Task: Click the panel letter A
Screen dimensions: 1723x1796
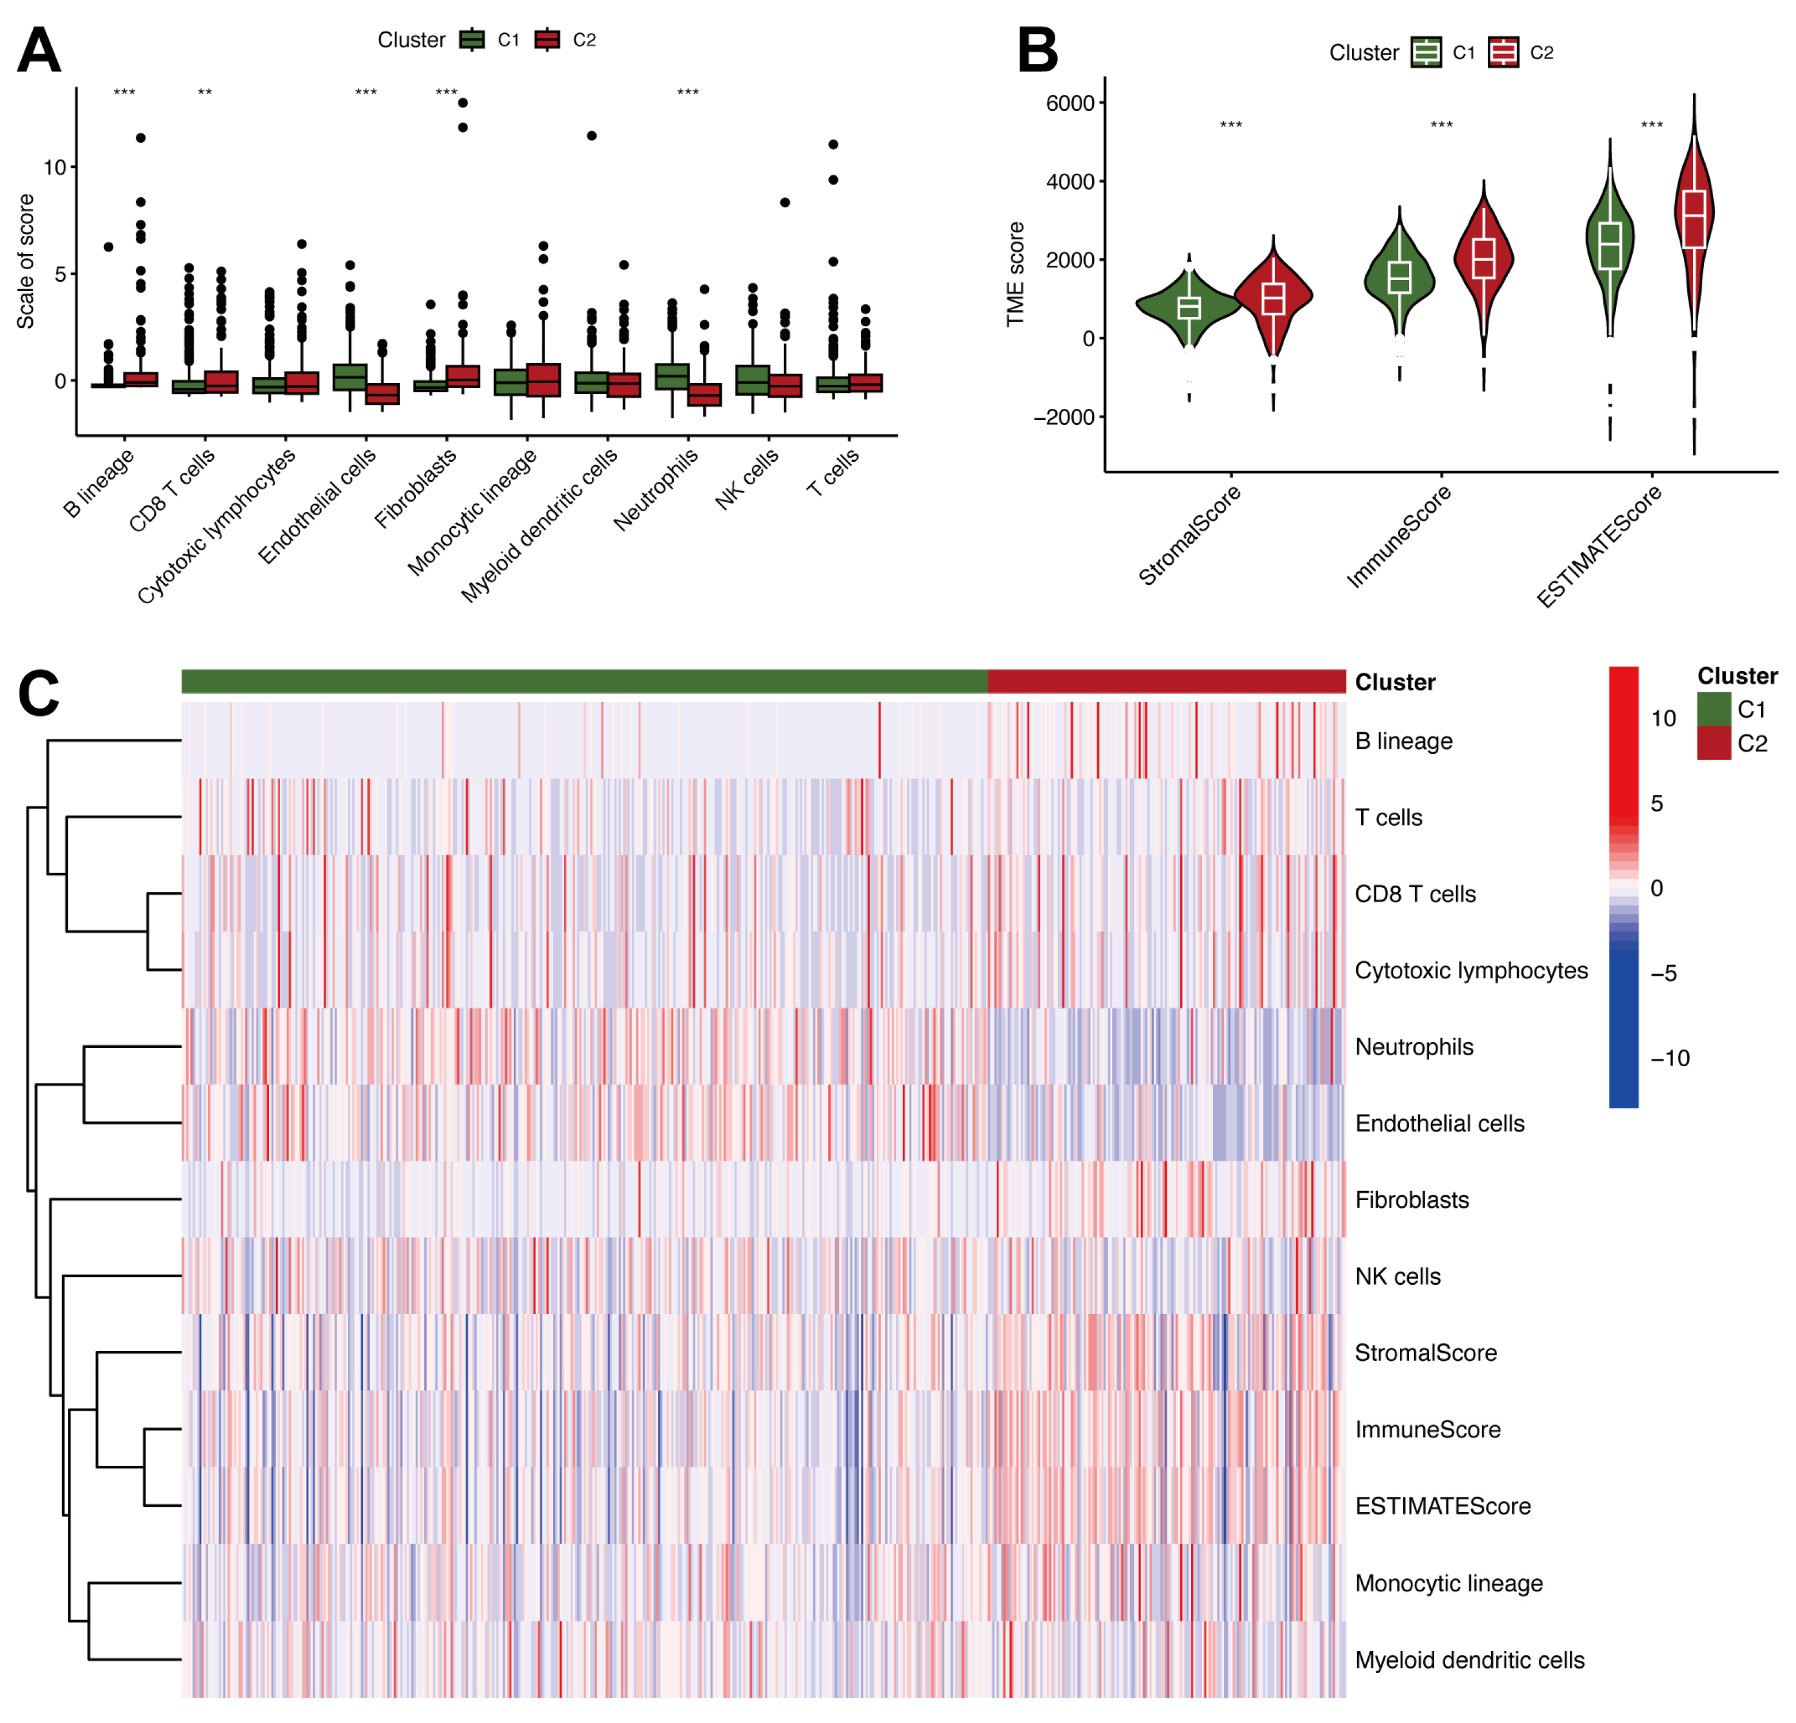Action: click(39, 51)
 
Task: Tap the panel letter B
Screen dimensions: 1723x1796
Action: click(1037, 51)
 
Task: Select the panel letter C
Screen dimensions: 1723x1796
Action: click(39, 694)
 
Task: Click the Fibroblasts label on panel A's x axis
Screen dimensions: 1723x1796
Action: click(416, 488)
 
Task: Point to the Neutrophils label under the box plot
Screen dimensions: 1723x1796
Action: click(656, 488)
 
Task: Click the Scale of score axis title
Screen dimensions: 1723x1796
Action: click(26, 261)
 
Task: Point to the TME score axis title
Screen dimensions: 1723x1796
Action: click(1014, 274)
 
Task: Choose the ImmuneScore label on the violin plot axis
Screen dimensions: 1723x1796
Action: click(1399, 535)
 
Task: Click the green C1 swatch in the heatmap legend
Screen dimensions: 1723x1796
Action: click(1713, 709)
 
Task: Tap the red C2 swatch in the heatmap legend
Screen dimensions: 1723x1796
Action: click(1713, 742)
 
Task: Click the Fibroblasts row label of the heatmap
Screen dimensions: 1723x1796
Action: click(1411, 1200)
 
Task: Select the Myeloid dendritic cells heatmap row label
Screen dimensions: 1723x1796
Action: click(1469, 1660)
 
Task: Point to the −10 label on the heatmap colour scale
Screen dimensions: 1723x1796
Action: click(1669, 1059)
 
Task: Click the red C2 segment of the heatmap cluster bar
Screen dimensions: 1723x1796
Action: click(1166, 681)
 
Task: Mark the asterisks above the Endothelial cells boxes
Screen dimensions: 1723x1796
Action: click(366, 93)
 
